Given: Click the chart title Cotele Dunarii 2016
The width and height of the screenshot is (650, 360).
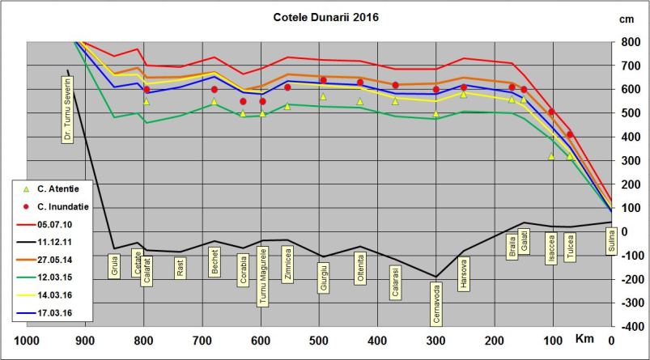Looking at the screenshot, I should point(325,16).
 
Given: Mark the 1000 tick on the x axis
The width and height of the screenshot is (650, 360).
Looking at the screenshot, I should point(28,340).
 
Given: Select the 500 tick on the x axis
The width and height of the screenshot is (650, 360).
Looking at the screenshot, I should point(320,340).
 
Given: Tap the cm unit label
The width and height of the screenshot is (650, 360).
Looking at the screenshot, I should point(627,18).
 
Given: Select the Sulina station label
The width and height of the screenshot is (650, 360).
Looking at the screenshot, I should point(612,240).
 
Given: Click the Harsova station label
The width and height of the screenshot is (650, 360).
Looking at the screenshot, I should point(463,269).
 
